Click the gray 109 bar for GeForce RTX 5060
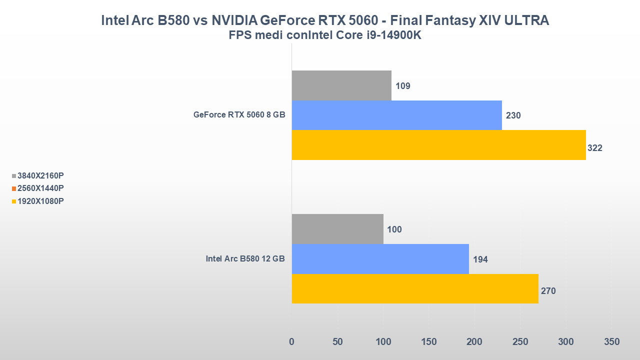coord(341,85)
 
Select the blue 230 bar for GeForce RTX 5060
coord(396,115)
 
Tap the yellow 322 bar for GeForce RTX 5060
coord(438,145)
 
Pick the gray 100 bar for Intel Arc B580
coord(337,229)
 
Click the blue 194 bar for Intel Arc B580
coord(380,259)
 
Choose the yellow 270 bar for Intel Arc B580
coord(415,288)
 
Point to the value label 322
coord(595,148)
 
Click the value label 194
coord(480,259)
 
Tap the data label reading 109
coord(402,86)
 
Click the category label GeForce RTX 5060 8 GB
coord(239,115)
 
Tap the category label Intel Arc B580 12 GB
coord(245,259)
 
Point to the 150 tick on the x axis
coord(429,342)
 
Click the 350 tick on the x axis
coord(611,342)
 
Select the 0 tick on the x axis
coord(291,342)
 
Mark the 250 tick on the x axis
coord(520,342)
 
